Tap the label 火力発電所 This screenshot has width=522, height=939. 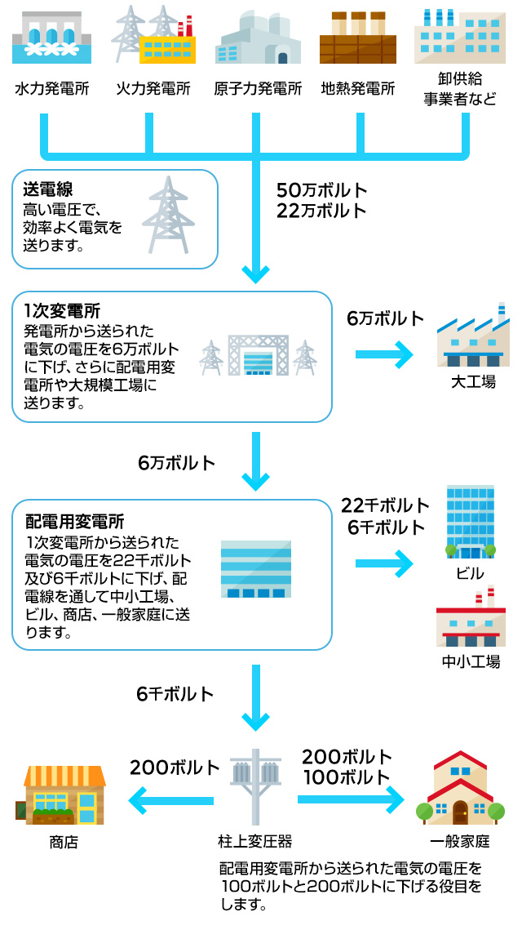[153, 88]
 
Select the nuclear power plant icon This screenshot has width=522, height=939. [257, 38]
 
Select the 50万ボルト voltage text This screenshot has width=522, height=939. [321, 190]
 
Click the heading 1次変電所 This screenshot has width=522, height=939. [62, 310]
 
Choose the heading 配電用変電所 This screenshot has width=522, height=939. [75, 521]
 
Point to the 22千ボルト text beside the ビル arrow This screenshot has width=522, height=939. [385, 505]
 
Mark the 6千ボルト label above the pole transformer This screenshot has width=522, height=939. [175, 694]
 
